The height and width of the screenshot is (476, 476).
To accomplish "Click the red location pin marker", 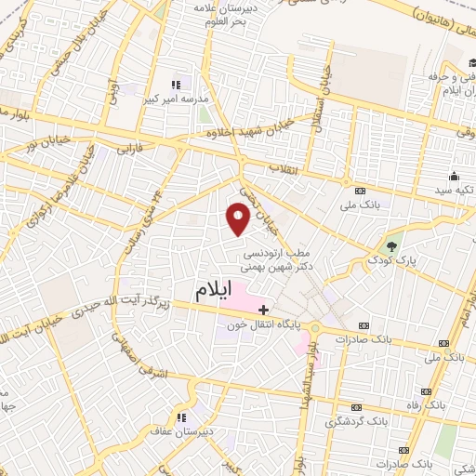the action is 238,218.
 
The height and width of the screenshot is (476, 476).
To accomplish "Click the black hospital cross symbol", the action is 264,309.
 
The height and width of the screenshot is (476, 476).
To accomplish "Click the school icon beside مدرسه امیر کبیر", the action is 176,86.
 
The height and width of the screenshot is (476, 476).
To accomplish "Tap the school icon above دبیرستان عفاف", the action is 182,417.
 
